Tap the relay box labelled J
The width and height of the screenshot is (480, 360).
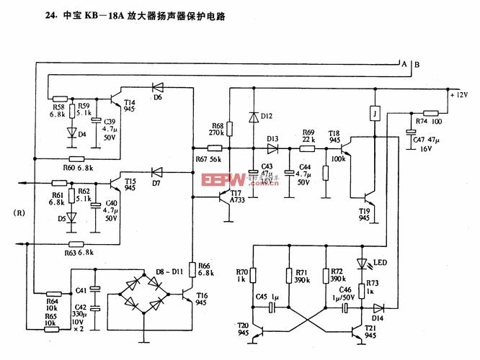click(374, 112)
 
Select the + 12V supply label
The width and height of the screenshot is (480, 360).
click(458, 95)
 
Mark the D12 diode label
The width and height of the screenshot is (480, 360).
click(266, 115)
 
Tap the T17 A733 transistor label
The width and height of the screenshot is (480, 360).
click(238, 196)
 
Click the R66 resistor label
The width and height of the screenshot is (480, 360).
click(206, 269)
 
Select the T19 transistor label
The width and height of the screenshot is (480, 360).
click(364, 214)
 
